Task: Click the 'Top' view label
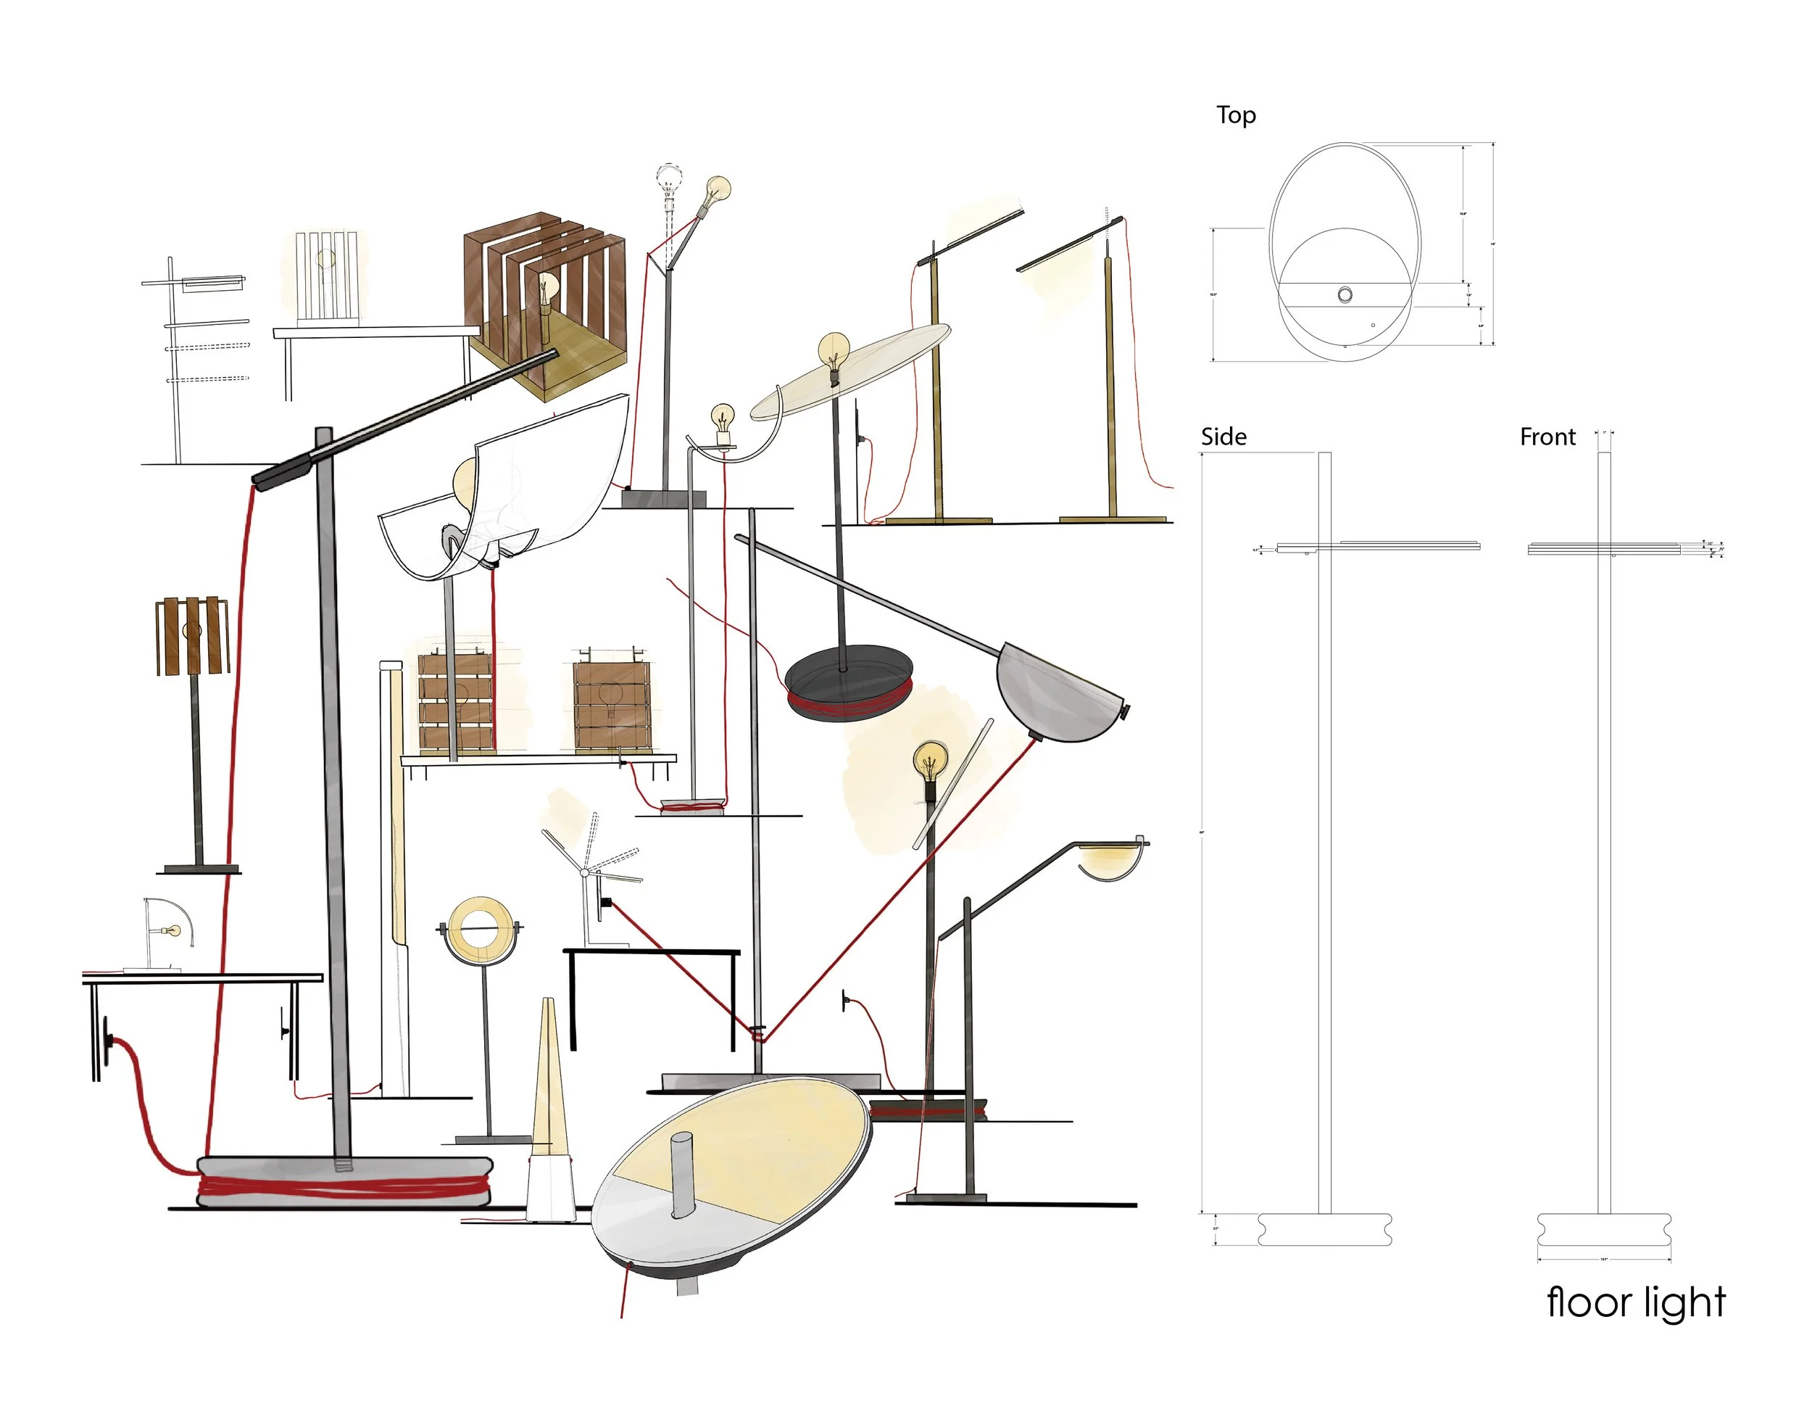pos(1235,115)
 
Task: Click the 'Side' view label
pos(1223,437)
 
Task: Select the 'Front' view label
pos(1547,437)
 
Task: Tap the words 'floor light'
pos(1635,1303)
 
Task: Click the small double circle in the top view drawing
pos(1345,294)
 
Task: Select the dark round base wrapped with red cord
pos(848,682)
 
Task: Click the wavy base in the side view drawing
pos(1324,1229)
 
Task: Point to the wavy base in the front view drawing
pos(1603,1229)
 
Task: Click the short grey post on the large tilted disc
pos(682,1173)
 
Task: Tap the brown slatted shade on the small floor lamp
pos(191,635)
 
